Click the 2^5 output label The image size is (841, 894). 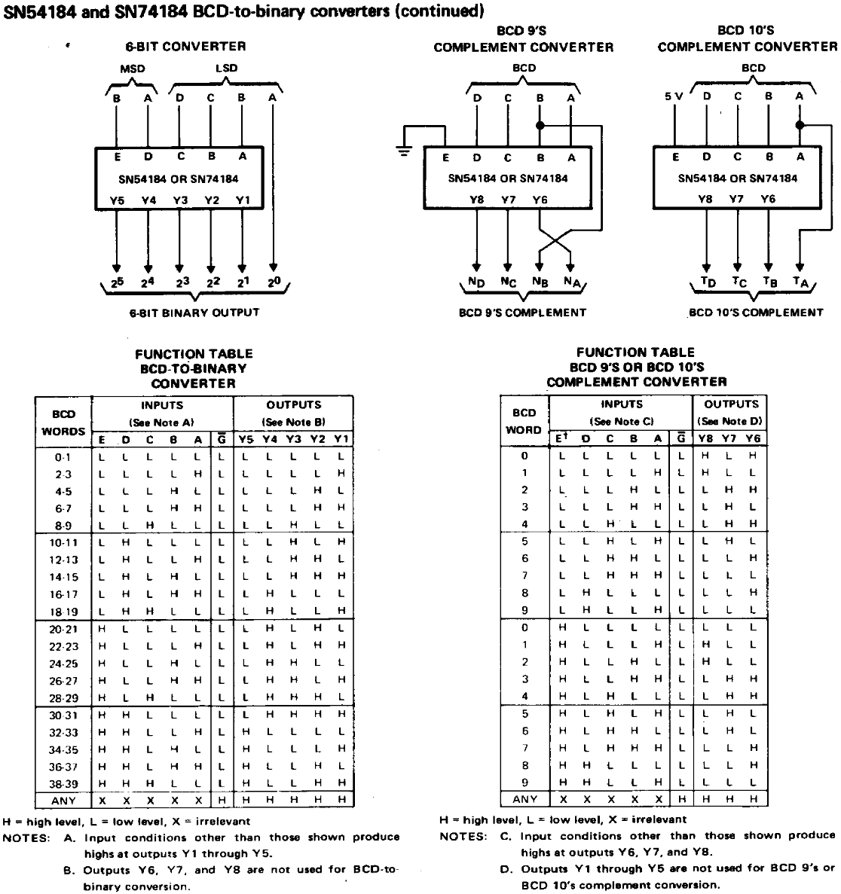click(x=116, y=282)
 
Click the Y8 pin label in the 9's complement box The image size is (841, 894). click(x=476, y=200)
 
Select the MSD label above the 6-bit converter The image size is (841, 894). click(x=133, y=68)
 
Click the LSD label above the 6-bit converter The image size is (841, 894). click(x=225, y=68)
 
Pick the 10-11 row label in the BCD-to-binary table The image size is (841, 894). click(x=63, y=542)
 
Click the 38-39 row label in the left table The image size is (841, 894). click(x=63, y=783)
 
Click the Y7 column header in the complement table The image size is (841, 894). click(x=729, y=438)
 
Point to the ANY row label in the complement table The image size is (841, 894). click(x=524, y=799)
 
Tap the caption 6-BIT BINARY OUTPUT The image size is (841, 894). click(x=194, y=313)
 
